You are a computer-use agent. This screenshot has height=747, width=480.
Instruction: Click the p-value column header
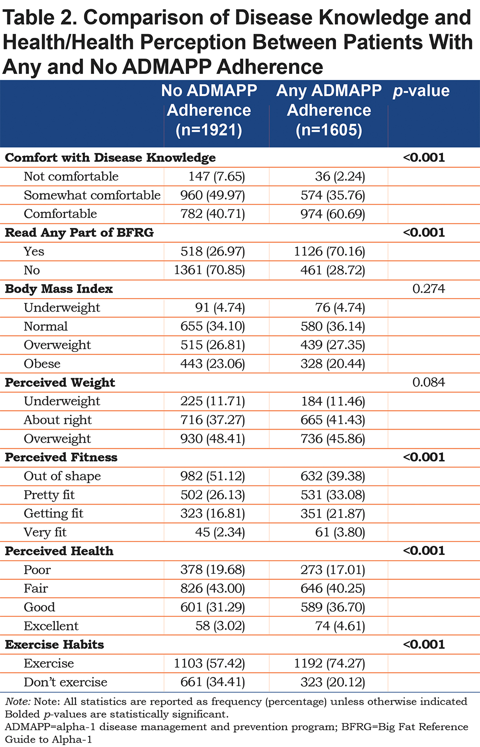pyautogui.click(x=421, y=91)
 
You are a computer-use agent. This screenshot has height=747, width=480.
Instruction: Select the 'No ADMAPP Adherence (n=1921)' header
pyautogui.click(x=209, y=110)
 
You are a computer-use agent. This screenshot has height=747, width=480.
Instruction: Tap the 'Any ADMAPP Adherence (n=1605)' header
pyautogui.click(x=329, y=110)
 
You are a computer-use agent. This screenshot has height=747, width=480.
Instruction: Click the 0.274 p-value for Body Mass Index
pyautogui.click(x=429, y=289)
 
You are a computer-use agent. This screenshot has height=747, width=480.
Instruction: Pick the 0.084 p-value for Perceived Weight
pyautogui.click(x=429, y=382)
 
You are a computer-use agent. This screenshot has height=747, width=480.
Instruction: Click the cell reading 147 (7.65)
pyautogui.click(x=216, y=176)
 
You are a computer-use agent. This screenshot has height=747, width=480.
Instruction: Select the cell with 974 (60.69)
pyautogui.click(x=333, y=214)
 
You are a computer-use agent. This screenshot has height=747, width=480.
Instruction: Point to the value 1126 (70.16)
pyautogui.click(x=329, y=251)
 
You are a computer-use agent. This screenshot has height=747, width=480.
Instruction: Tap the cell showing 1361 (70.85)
pyautogui.click(x=209, y=270)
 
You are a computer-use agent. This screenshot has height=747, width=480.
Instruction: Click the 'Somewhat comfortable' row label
pyautogui.click(x=92, y=195)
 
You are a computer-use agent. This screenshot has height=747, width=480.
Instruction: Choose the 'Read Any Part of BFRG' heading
pyautogui.click(x=79, y=232)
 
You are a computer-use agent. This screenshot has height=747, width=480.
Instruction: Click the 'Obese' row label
pyautogui.click(x=42, y=363)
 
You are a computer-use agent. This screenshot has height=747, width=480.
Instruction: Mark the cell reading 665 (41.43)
pyautogui.click(x=333, y=420)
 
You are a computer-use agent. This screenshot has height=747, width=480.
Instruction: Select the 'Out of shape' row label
pyautogui.click(x=62, y=476)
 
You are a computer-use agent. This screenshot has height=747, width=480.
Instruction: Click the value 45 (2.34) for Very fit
pyautogui.click(x=220, y=532)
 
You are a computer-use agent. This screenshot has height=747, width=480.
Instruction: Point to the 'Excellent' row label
pyautogui.click(x=51, y=626)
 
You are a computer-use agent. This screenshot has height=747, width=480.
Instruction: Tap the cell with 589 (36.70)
pyautogui.click(x=333, y=607)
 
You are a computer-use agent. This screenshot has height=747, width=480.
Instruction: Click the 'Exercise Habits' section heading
pyautogui.click(x=54, y=644)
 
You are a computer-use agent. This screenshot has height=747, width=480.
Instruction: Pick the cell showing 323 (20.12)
pyautogui.click(x=333, y=682)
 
